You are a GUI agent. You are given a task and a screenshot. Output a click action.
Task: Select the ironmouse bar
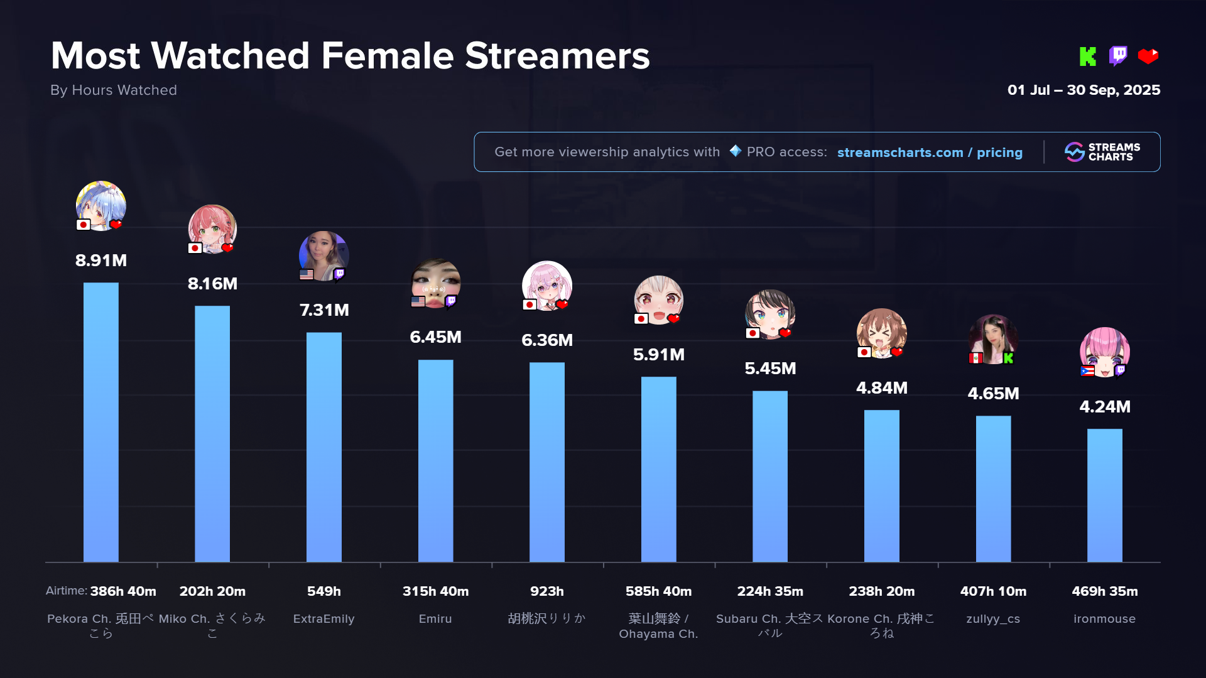(1104, 495)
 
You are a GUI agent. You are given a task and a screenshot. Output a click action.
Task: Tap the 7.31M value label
(324, 310)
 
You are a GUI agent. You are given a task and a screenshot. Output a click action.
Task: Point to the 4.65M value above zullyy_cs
(993, 394)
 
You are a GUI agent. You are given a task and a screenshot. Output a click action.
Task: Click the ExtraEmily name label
(324, 619)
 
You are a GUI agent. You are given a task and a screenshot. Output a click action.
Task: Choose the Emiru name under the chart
(435, 619)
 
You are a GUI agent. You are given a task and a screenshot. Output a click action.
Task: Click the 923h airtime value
(546, 591)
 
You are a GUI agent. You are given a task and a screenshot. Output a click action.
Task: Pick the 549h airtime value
(324, 591)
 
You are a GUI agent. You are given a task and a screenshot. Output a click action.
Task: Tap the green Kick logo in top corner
(1087, 56)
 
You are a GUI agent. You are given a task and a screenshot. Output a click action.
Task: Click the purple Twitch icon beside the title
(1118, 56)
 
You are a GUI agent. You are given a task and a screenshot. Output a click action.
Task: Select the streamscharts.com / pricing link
(930, 153)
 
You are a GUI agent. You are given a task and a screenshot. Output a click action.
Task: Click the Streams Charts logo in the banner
(1102, 152)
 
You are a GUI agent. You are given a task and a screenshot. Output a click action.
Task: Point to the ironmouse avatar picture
(1104, 350)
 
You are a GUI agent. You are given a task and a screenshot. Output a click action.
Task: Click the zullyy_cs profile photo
(993, 338)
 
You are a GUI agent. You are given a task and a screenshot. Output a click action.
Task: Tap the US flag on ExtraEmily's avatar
(307, 274)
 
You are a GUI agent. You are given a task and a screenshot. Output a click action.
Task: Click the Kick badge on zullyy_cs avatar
(1009, 358)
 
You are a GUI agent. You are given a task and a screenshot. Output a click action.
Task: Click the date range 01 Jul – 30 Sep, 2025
(1084, 90)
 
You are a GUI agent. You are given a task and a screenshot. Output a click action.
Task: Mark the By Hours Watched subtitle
(114, 90)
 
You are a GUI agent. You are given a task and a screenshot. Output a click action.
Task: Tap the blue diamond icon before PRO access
(735, 151)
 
